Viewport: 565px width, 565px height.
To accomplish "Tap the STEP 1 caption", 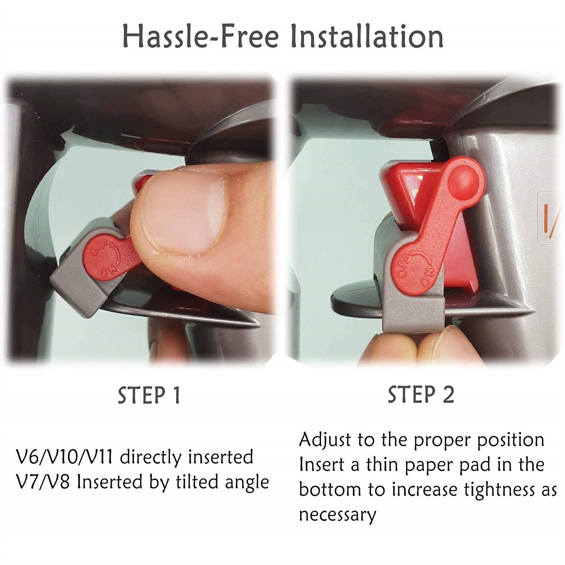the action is (149, 395).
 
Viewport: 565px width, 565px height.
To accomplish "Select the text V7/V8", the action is (42, 482).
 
